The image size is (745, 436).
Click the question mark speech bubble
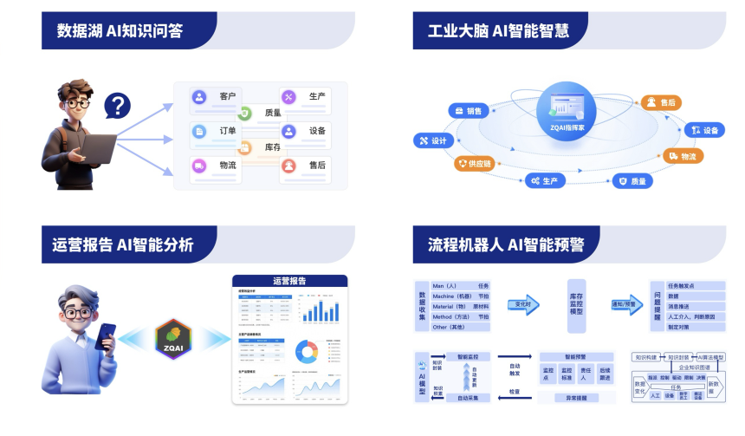click(x=118, y=107)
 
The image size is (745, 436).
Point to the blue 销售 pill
click(x=465, y=111)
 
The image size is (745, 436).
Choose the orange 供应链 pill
click(x=473, y=164)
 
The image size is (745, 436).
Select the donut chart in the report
click(x=308, y=351)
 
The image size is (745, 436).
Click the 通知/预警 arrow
click(x=624, y=304)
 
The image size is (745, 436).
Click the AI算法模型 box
click(x=710, y=357)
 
